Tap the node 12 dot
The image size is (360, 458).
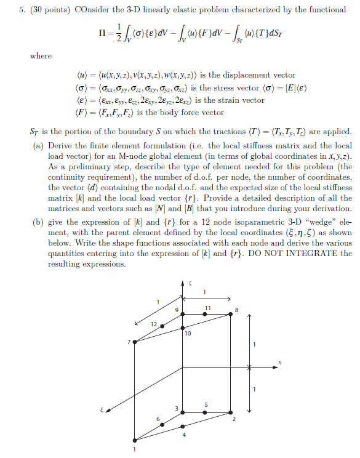(x=162, y=326)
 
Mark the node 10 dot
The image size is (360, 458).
(x=182, y=327)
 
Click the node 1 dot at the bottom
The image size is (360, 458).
(x=135, y=440)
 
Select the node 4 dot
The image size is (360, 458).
(x=182, y=426)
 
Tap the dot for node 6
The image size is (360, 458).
(x=162, y=424)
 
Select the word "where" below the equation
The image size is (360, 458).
(x=41, y=56)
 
